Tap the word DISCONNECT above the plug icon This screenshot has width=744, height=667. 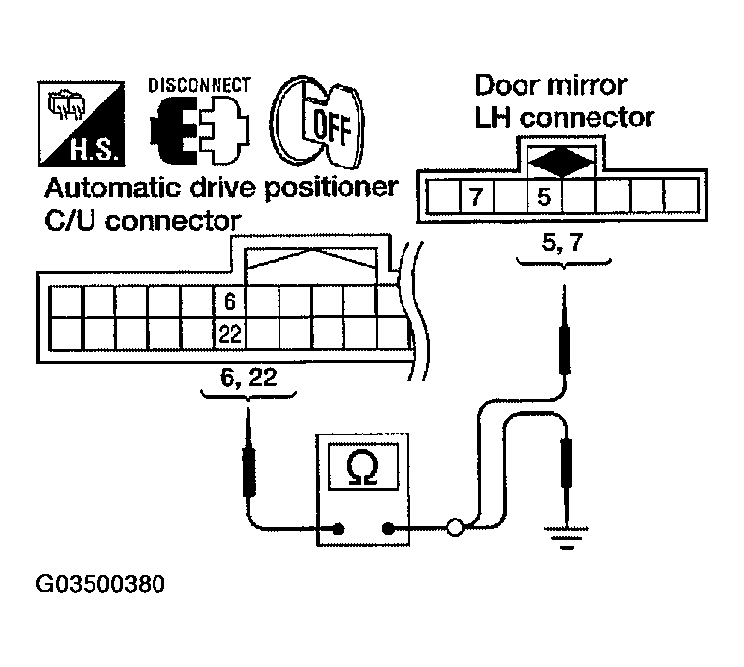pos(198,86)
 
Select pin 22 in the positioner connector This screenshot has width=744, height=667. pos(229,334)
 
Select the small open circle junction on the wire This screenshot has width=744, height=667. pos(455,529)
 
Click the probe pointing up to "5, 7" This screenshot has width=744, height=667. pos(565,335)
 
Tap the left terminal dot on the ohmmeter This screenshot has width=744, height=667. pos(340,529)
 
